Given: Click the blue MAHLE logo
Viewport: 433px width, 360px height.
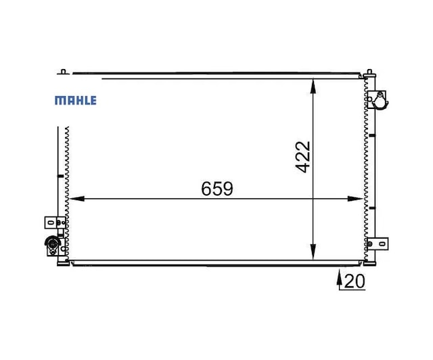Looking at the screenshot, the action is [76, 100].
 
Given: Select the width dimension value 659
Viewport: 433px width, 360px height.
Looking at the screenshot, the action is [217, 189].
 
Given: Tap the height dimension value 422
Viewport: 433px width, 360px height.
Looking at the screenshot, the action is [303, 157].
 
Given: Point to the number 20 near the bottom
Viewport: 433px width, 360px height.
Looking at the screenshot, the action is [355, 282].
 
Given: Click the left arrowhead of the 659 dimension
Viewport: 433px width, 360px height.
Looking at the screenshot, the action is [77, 199].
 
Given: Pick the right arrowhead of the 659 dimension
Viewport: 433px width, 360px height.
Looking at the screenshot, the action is [355, 199].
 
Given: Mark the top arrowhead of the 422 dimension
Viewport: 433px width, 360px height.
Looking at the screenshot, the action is [313, 87].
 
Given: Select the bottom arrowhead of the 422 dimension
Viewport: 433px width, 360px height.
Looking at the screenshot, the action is [313, 252].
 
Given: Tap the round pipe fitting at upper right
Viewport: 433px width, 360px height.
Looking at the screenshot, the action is [380, 101].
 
